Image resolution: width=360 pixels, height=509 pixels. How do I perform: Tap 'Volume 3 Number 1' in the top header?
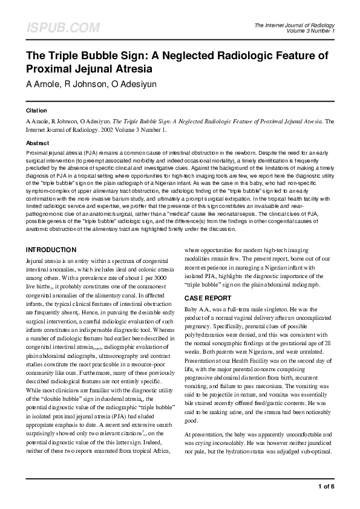pos(312,30)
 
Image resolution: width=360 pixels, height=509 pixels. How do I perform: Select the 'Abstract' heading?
pos(38,143)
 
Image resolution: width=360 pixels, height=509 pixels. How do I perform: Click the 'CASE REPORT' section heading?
pos(208,298)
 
